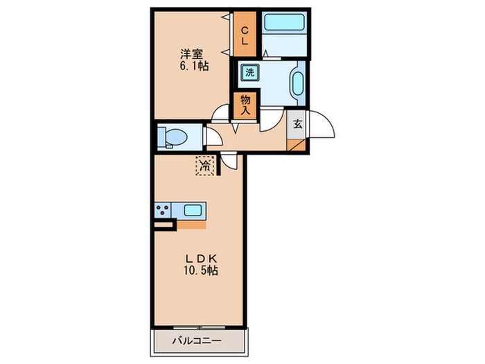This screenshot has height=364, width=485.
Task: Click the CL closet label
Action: tap(245, 35)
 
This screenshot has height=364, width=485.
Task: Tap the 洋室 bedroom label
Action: tap(192, 55)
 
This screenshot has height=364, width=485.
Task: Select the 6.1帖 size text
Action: tap(194, 66)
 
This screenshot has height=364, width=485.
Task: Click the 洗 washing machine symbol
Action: tap(249, 73)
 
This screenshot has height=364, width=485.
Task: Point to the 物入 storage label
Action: tap(245, 105)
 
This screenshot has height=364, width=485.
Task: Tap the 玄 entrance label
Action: tap(297, 124)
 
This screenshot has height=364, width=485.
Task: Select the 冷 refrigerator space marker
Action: tap(205, 166)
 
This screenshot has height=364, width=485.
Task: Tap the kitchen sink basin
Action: tap(193, 211)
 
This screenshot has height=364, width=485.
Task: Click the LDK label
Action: tap(202, 258)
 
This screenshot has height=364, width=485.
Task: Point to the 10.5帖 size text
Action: tap(201, 270)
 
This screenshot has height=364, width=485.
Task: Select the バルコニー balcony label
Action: tap(197, 341)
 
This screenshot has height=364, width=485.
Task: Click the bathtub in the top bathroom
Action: tap(285, 21)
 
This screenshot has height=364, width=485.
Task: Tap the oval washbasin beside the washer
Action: tap(297, 84)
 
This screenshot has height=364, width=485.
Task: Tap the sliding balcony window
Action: tap(200, 327)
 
